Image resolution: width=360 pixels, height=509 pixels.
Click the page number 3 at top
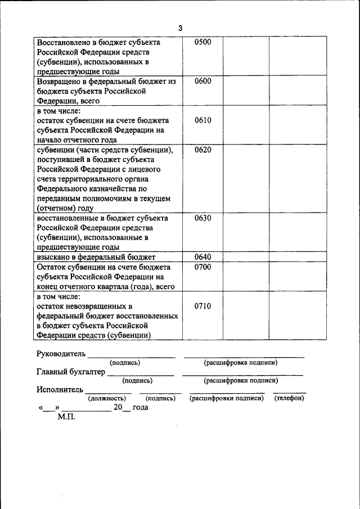click(x=180, y=28)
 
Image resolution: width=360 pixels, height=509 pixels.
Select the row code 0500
click(x=202, y=43)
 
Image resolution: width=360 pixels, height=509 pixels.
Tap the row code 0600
click(x=202, y=82)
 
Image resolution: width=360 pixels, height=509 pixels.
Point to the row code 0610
click(x=202, y=120)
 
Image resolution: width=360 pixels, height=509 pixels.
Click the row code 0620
click(x=202, y=150)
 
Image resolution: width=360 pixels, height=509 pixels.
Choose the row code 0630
click(x=202, y=218)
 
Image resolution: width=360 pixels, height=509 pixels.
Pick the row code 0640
click(x=202, y=257)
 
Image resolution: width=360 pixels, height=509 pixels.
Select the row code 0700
click(x=202, y=267)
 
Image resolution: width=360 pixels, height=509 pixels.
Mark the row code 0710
click(x=202, y=306)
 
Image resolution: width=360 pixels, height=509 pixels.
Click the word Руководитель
click(x=61, y=354)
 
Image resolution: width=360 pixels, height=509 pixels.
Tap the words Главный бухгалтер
click(x=71, y=372)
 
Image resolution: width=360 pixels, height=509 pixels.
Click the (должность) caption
click(x=107, y=398)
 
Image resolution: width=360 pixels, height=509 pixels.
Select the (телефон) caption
click(x=289, y=398)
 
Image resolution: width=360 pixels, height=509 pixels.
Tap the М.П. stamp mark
click(x=66, y=417)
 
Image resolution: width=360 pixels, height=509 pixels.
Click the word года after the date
click(x=141, y=407)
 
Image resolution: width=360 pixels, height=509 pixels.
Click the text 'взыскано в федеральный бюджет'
click(x=96, y=257)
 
